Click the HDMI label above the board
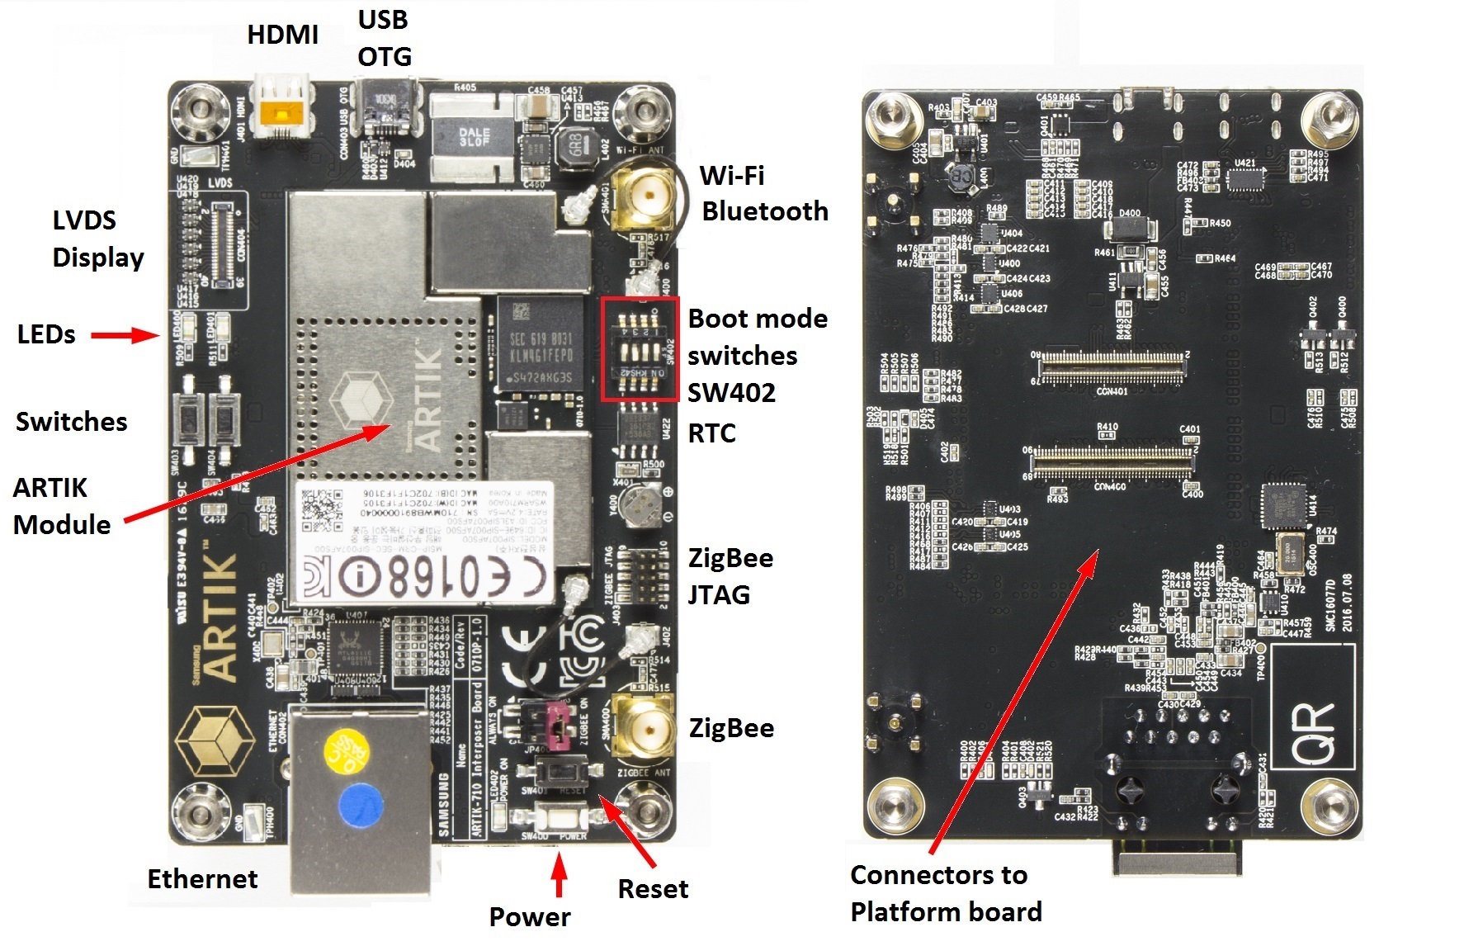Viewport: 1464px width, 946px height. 282,35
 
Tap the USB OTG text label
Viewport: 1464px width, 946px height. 384,38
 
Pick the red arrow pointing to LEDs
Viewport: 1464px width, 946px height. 124,335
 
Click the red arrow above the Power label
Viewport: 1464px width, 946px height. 560,876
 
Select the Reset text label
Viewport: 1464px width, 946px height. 652,889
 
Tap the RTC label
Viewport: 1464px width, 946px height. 711,433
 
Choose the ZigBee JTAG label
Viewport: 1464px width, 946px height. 730,576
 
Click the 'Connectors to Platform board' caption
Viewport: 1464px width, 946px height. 946,893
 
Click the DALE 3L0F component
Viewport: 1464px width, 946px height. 474,136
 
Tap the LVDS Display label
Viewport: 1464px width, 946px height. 97,239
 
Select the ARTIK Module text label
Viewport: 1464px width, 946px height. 62,506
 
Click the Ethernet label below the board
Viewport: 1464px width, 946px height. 202,879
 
